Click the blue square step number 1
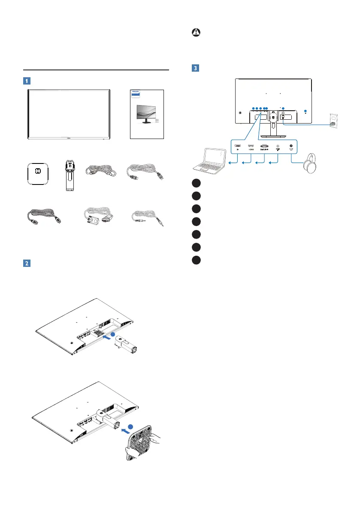(x=27, y=80)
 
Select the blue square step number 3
(x=195, y=68)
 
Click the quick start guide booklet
(x=147, y=114)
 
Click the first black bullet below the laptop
(x=196, y=183)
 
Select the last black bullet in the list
(x=196, y=260)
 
